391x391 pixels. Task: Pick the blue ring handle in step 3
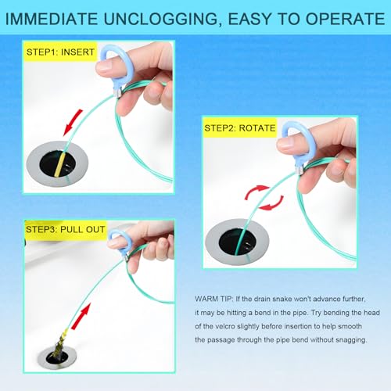118,239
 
